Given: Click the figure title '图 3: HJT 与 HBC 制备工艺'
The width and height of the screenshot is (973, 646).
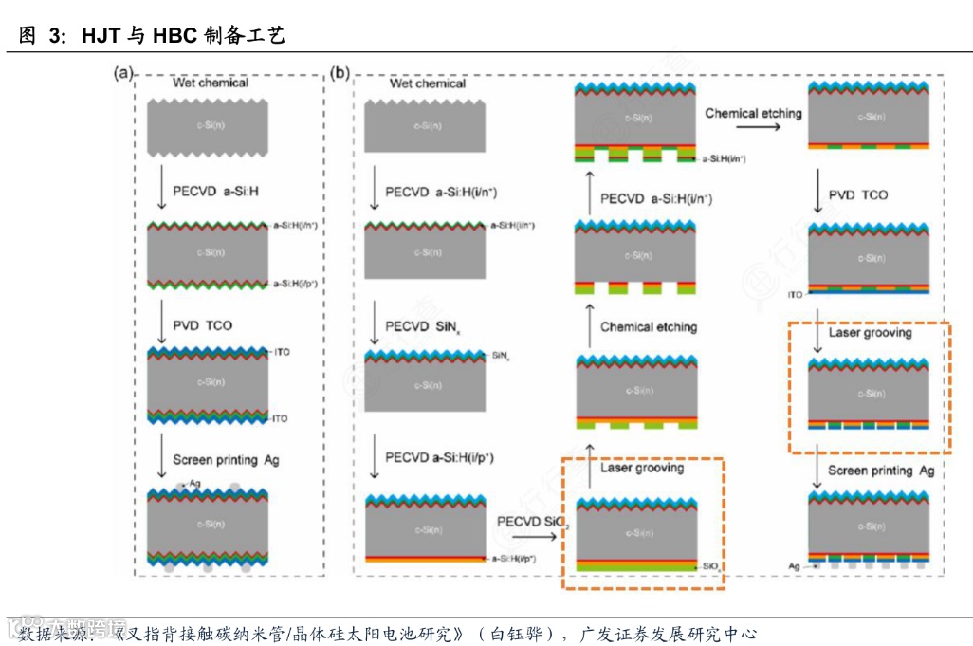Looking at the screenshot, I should click(152, 34).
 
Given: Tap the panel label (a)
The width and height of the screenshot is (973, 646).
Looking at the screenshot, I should click(122, 72).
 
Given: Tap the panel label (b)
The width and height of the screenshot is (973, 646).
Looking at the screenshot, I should click(339, 72).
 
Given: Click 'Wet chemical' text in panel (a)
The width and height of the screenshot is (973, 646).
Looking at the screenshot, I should click(211, 83).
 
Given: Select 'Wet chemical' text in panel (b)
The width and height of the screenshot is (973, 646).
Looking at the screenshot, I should click(428, 83).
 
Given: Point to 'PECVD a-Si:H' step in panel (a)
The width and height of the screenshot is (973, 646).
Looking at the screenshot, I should click(215, 192).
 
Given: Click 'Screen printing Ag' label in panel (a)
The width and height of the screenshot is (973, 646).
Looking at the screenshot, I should click(226, 460).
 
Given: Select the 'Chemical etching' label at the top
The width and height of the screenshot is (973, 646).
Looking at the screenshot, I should click(753, 113).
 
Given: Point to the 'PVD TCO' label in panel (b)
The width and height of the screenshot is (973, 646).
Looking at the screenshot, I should click(858, 194).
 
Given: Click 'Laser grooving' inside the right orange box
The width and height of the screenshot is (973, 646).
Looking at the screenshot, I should click(870, 333).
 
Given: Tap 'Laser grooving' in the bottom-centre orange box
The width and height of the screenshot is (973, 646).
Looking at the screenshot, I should click(642, 468).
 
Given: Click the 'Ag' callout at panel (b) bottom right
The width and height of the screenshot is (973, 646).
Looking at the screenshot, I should click(795, 565).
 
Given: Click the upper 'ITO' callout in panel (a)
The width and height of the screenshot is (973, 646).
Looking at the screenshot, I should click(281, 353).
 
